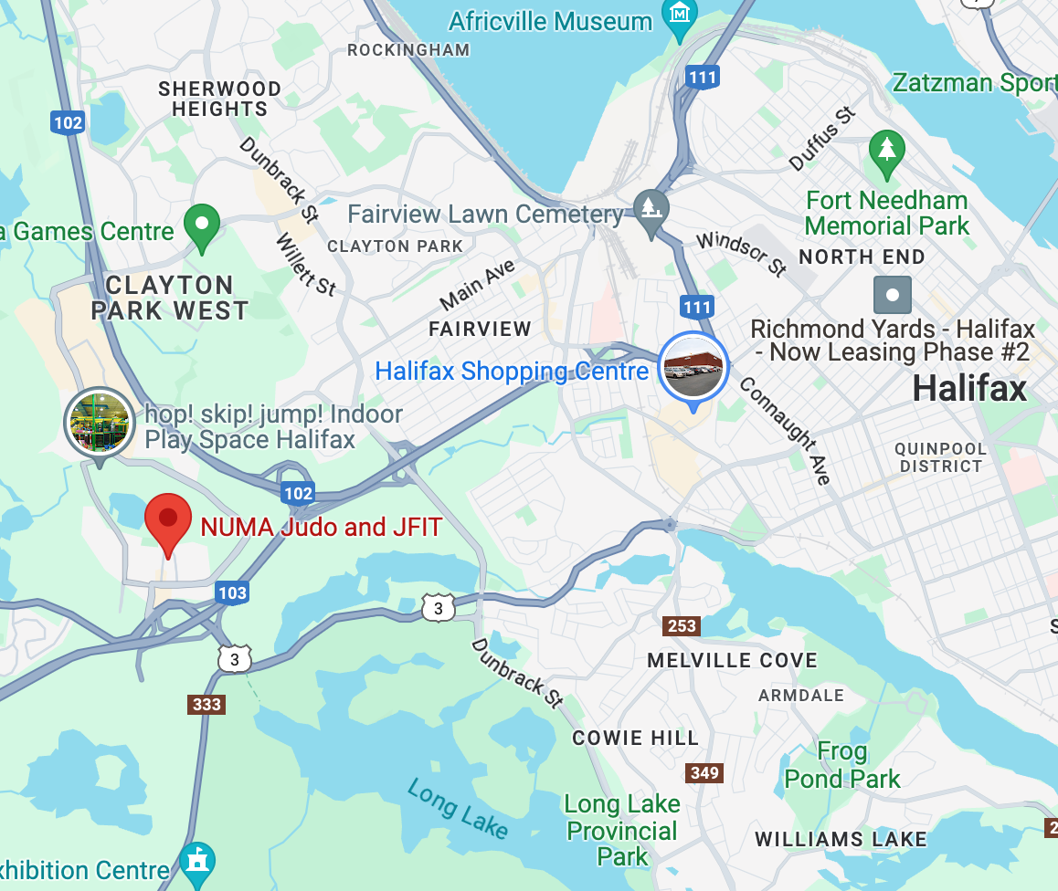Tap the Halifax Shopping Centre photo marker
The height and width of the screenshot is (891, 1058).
coord(693,367)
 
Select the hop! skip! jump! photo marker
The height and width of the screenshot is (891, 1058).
coord(99,422)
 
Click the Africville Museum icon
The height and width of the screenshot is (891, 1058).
coord(680,16)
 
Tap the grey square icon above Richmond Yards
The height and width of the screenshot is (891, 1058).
coord(893,295)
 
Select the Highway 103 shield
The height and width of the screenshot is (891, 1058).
coord(232,592)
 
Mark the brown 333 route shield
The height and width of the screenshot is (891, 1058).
coord(207,704)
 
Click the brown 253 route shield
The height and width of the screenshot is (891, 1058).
coord(682,626)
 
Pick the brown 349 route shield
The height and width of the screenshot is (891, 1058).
coord(704,773)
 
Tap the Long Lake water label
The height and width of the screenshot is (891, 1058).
coord(458,808)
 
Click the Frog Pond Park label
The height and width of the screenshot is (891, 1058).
coord(842,765)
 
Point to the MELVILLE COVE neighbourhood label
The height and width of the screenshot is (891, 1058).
coord(732,660)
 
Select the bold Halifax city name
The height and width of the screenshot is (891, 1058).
coord(969,390)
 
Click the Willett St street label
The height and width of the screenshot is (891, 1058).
coord(305,265)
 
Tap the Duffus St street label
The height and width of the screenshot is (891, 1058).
coord(823,139)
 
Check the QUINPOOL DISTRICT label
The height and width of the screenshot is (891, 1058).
coord(940,457)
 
